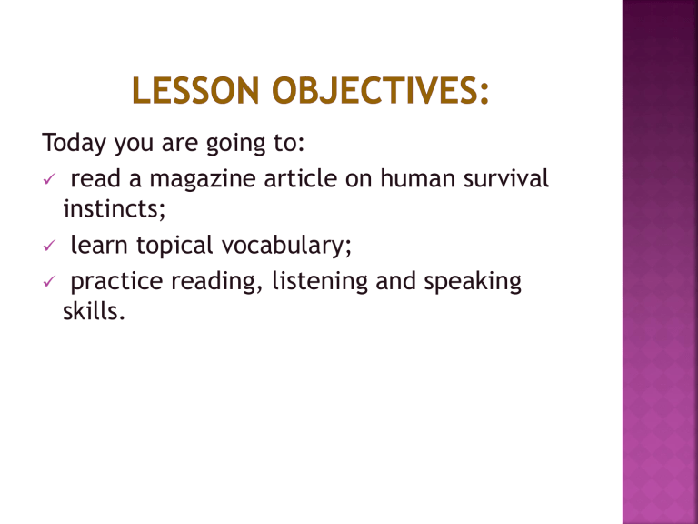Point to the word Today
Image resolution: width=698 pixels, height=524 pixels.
tap(71, 143)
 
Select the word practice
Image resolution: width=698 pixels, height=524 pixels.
tap(115, 282)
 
